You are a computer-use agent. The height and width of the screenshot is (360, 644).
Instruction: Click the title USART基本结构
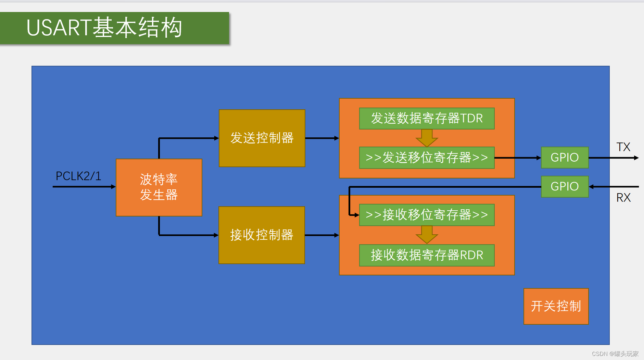coord(104,28)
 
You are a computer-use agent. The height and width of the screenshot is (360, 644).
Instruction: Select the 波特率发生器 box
coord(159,187)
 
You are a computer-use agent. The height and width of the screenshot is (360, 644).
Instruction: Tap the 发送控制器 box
coord(262,138)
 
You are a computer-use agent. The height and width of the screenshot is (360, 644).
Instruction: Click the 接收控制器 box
coord(262,235)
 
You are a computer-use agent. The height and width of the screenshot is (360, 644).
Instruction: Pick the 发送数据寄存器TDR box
coord(427,119)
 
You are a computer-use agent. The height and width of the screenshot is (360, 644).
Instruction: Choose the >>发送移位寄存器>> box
coord(427,158)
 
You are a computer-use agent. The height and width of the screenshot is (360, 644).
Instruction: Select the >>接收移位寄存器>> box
coord(427,215)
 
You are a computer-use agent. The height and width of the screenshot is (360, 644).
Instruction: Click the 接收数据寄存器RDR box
coord(427,255)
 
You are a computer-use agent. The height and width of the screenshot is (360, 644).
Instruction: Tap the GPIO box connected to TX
coord(565,158)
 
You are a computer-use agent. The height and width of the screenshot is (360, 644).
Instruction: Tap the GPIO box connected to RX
coord(565,187)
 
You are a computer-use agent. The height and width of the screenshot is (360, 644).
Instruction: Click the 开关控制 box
coord(556,306)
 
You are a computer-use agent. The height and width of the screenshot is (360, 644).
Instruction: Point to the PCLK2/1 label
coord(78,176)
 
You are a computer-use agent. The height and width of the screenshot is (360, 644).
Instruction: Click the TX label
coord(623,147)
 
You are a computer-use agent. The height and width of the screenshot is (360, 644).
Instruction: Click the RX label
coord(623,198)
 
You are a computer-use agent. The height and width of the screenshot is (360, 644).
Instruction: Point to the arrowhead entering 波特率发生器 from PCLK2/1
coord(113,187)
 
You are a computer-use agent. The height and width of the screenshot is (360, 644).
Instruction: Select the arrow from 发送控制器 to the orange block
coord(322,138)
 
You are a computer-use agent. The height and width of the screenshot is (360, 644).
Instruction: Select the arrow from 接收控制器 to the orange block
coord(322,235)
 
